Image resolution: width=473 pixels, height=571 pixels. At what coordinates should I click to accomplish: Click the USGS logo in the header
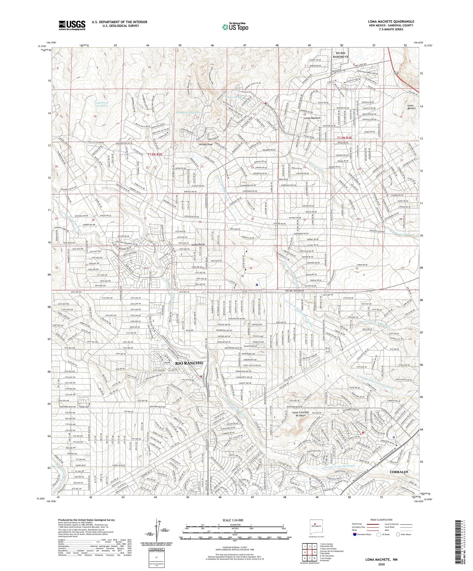tap(72, 25)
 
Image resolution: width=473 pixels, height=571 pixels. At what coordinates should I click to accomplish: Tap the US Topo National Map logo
tap(235, 27)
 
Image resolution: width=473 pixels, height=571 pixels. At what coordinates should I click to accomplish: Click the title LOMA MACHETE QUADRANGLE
tap(391, 22)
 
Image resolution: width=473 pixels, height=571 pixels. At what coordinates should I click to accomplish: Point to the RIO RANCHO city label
tap(189, 363)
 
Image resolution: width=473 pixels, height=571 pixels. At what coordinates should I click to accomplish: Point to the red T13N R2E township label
tap(155, 154)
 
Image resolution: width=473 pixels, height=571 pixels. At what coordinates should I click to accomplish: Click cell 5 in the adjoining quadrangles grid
tap(315, 555)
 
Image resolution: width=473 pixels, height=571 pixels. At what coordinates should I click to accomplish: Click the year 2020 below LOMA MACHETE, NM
tap(381, 564)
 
